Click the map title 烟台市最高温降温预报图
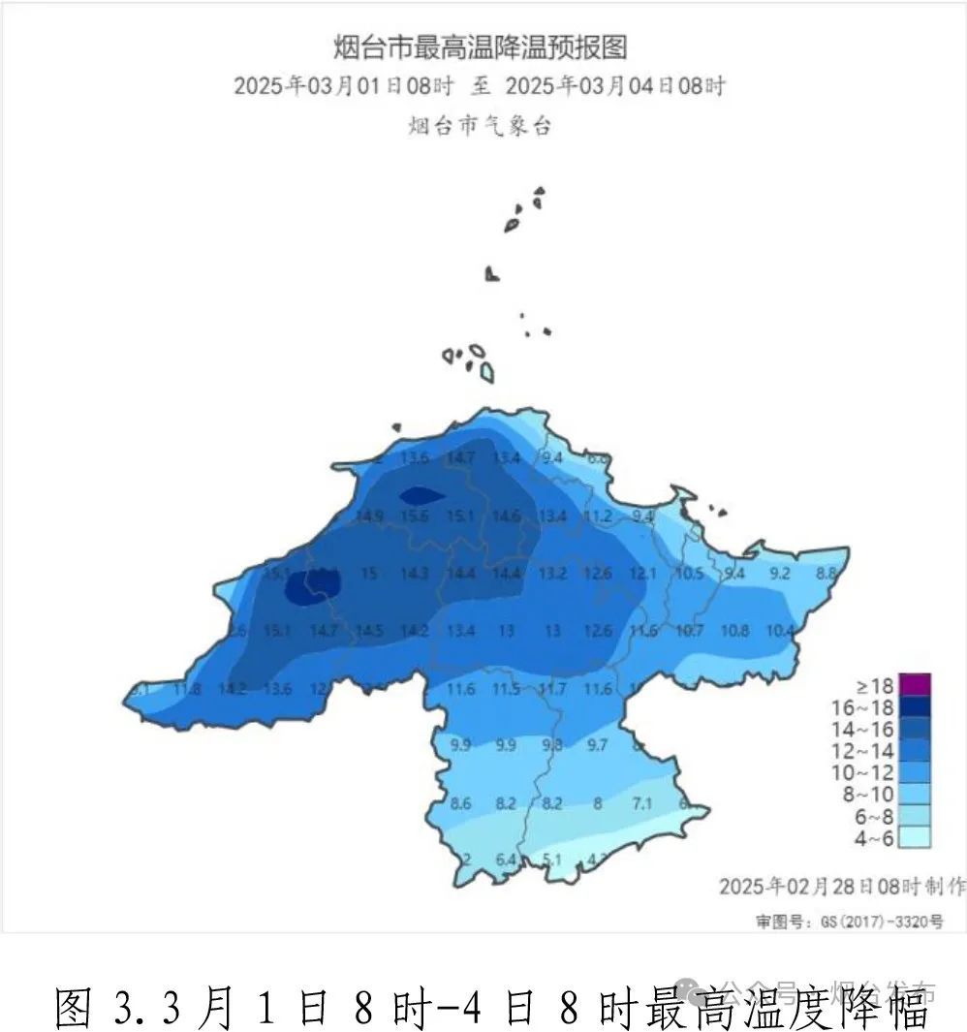click(x=481, y=46)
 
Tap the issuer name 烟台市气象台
click(x=481, y=125)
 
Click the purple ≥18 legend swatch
click(x=915, y=684)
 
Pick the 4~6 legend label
click(x=869, y=838)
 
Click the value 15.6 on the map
click(x=414, y=516)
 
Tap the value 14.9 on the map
click(x=369, y=516)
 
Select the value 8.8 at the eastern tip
click(x=826, y=573)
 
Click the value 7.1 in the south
click(x=641, y=803)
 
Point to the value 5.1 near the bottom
click(x=552, y=859)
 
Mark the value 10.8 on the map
click(x=734, y=630)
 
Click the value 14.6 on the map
click(x=506, y=516)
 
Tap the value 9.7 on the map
click(x=597, y=744)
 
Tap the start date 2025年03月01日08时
click(x=344, y=85)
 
